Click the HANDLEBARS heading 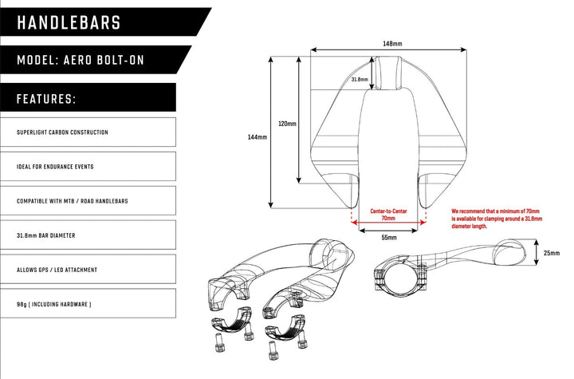click(x=69, y=22)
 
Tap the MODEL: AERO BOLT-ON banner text click(x=81, y=60)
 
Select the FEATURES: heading click(x=46, y=99)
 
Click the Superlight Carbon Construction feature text click(x=62, y=132)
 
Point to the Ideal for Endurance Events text click(x=55, y=167)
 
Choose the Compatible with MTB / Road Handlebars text click(x=72, y=201)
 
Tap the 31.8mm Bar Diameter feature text click(x=45, y=235)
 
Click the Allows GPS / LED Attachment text click(x=57, y=270)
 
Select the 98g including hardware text click(x=54, y=304)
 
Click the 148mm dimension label click(x=392, y=44)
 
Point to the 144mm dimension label click(x=258, y=137)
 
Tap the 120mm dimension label click(x=287, y=124)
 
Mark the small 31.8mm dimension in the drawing click(x=360, y=79)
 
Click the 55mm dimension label click(x=389, y=238)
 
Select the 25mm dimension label click(x=552, y=253)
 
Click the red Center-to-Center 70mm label click(x=388, y=215)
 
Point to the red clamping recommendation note click(x=497, y=219)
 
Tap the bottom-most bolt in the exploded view click(x=272, y=350)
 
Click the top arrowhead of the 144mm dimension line click(x=271, y=59)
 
